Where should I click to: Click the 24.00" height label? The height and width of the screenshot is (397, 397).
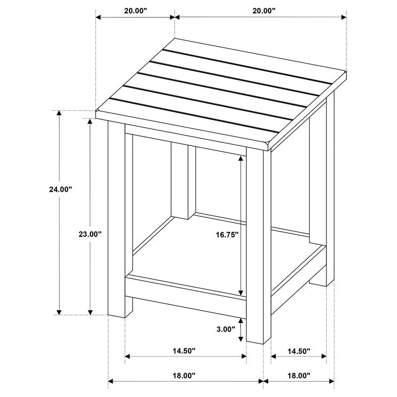(x=61, y=189)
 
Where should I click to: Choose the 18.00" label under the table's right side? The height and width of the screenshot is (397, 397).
(x=297, y=376)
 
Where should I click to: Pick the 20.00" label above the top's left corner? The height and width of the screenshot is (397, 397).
(x=134, y=10)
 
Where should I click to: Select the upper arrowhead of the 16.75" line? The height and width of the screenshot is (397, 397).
(x=242, y=158)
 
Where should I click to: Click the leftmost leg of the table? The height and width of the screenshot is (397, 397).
(x=117, y=218)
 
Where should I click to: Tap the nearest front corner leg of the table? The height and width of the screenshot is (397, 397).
(x=259, y=248)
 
